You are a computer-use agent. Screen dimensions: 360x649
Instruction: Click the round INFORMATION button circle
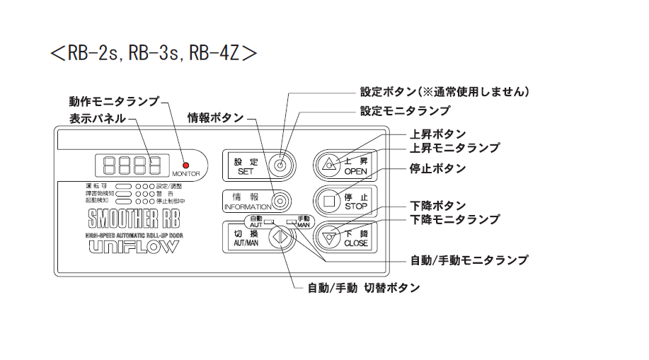280,199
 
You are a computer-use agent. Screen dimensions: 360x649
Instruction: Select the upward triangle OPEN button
329,165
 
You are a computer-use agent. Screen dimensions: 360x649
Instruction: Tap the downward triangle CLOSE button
328,237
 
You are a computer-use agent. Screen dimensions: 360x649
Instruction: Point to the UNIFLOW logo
134,247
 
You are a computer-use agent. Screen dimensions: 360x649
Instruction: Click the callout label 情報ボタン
215,117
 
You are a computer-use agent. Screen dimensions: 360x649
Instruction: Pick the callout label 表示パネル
98,118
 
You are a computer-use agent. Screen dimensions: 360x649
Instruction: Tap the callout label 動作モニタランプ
114,101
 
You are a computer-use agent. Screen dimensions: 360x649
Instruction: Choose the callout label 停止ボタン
438,168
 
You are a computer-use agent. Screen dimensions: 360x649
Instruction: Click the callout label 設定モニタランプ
405,111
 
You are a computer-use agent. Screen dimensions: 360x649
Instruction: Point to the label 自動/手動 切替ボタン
364,288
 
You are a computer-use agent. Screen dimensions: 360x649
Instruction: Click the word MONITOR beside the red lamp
186,173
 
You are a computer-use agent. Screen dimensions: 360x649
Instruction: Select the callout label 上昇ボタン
438,134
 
